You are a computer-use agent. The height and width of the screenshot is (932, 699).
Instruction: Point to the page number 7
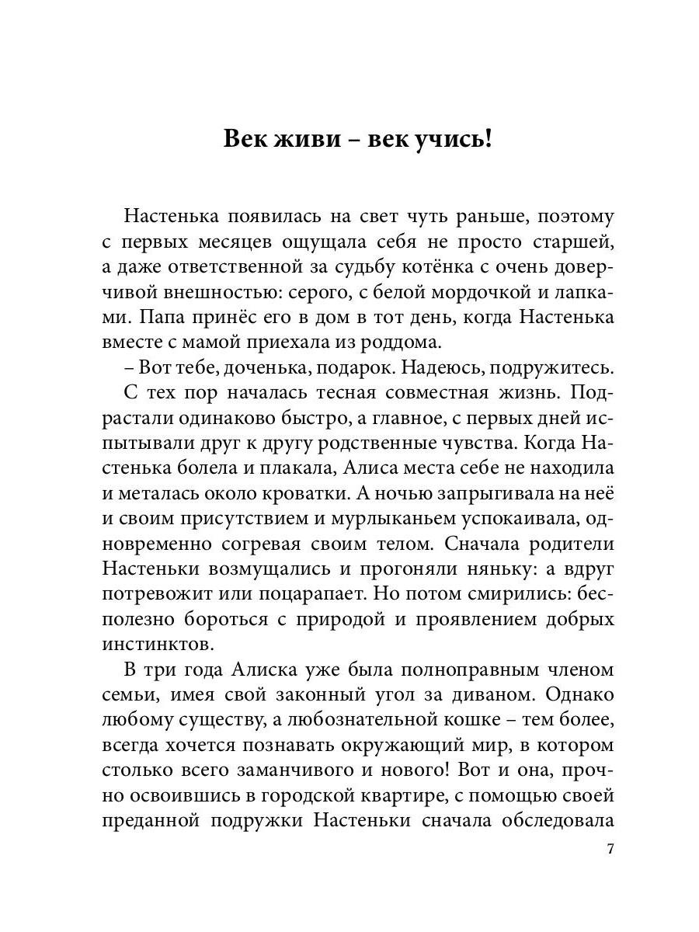click(610, 849)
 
